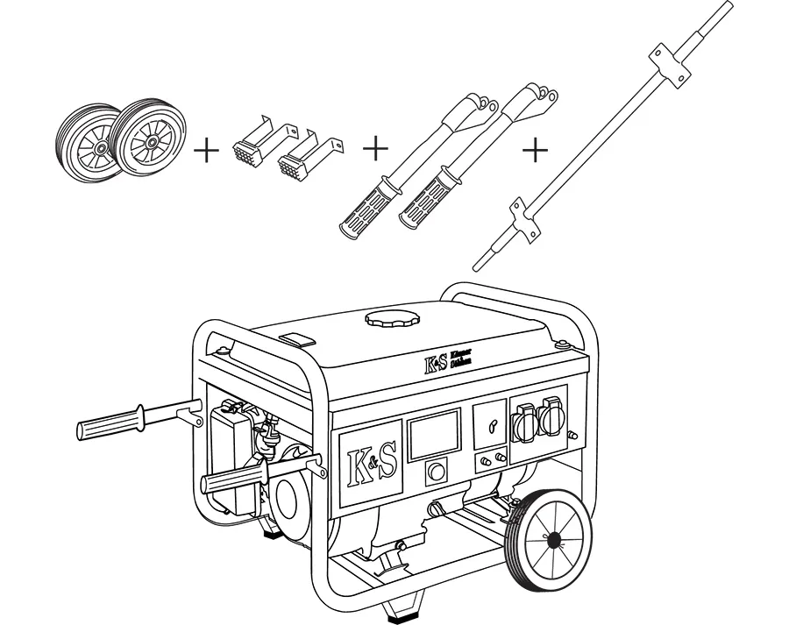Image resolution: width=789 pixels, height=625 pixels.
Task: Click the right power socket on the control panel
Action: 551,416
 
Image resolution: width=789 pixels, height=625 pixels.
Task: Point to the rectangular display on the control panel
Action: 434,435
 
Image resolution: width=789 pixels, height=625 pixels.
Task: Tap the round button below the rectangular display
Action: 436,474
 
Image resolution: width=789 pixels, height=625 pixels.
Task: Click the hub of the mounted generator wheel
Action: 552,538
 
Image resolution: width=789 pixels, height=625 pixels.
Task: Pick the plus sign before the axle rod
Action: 534,150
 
